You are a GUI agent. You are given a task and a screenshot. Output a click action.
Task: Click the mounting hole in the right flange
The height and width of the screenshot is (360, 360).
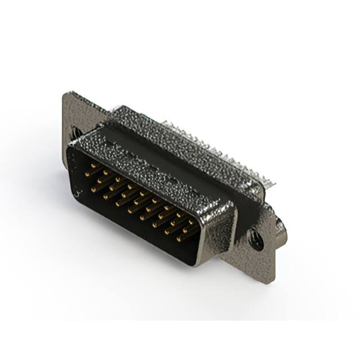coord(256,241)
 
